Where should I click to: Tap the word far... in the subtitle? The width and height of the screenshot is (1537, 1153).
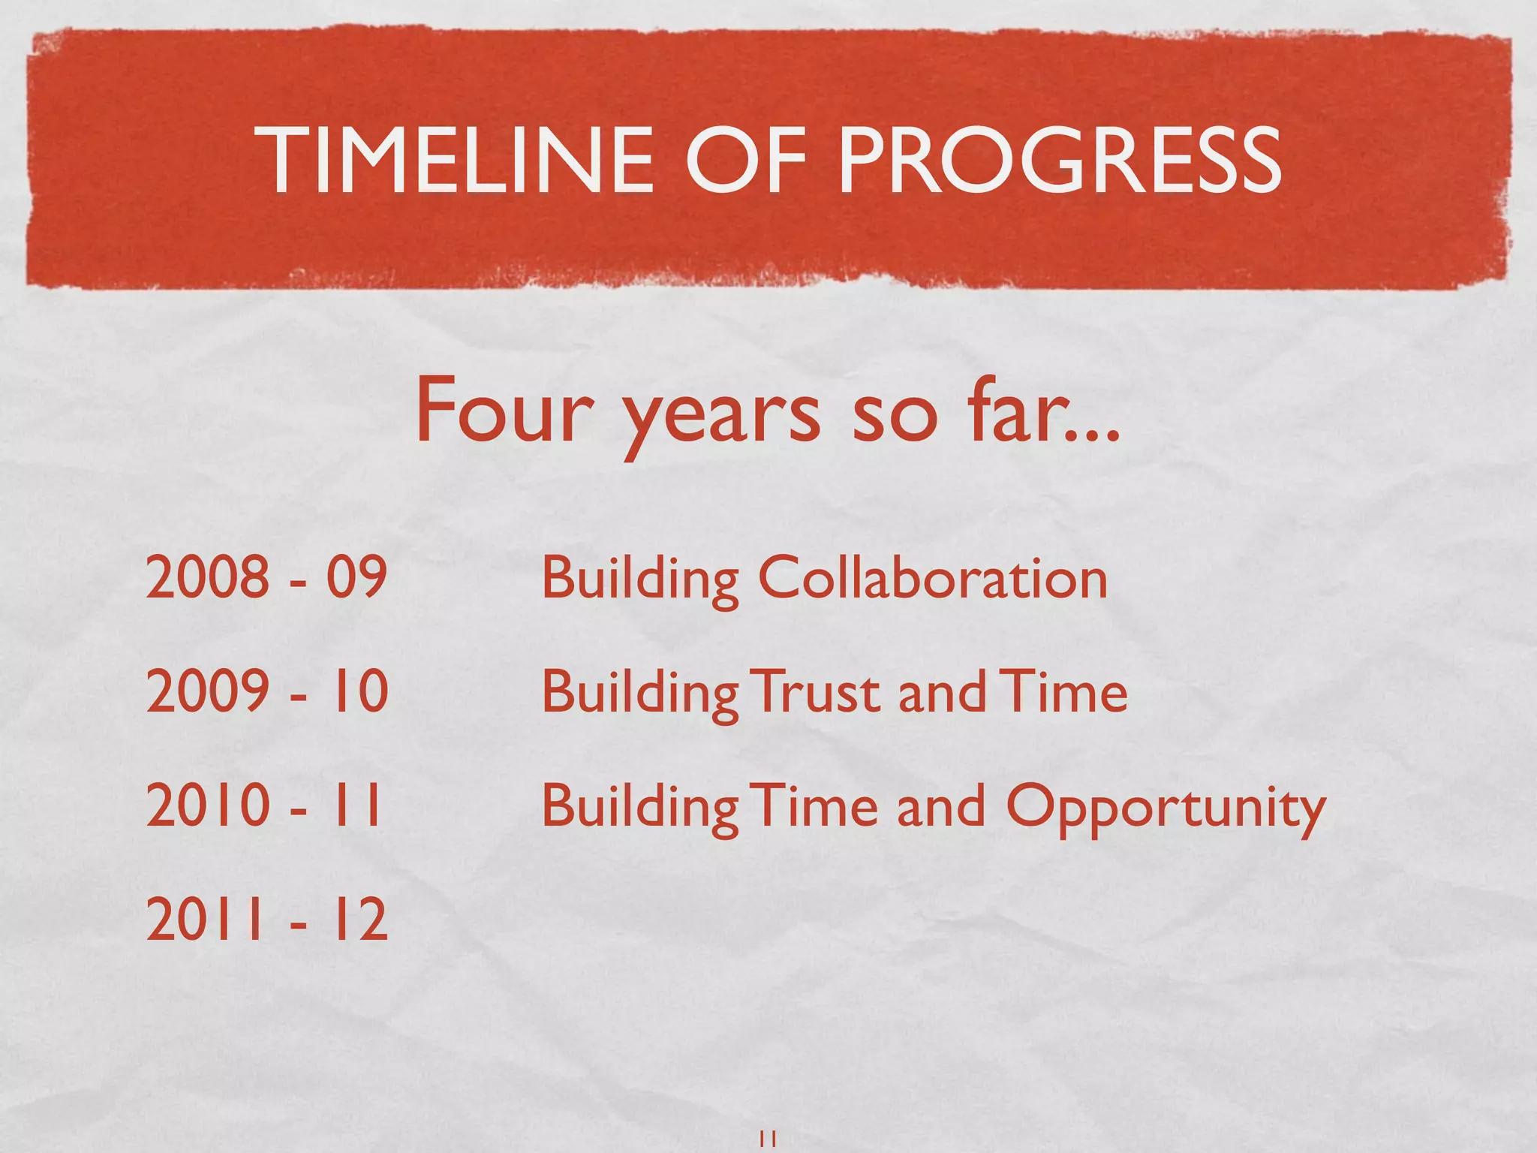coord(1044,411)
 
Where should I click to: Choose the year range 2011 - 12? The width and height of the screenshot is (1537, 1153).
coord(266,919)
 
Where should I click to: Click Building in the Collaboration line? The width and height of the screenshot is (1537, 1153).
coord(640,580)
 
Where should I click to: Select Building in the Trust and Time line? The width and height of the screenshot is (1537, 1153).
coord(640,694)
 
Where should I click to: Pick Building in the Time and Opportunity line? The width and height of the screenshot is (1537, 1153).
coord(640,808)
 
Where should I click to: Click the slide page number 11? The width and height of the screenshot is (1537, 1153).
coord(768,1139)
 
